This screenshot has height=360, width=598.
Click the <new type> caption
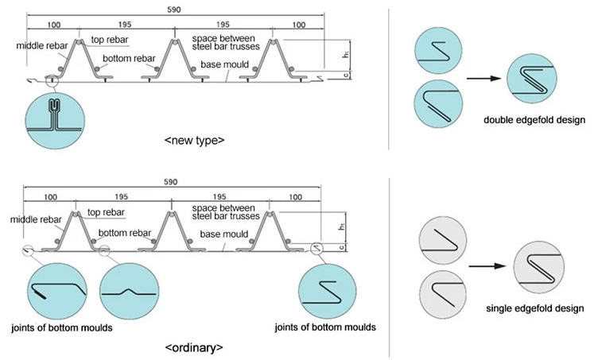(195, 140)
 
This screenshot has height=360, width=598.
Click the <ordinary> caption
(194, 348)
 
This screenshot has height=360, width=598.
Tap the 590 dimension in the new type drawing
(174, 10)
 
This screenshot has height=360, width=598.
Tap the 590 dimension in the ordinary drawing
(170, 182)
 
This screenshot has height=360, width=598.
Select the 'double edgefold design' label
(534, 120)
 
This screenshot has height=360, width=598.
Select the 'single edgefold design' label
(534, 308)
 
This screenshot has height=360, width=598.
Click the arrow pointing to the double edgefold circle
(483, 79)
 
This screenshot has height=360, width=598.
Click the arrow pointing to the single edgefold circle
(487, 266)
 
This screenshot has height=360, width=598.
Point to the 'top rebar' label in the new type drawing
(110, 40)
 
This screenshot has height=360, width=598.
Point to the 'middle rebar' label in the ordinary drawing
(36, 219)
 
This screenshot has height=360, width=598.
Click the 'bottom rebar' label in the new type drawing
(129, 58)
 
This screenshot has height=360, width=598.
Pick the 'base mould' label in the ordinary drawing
(224, 234)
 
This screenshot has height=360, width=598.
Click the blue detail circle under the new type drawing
(55, 121)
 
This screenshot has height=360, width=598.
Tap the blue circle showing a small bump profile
(130, 291)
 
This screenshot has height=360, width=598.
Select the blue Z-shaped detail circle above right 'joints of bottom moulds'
(327, 291)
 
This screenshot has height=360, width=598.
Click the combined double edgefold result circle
(532, 79)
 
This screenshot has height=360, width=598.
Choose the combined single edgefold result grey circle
(539, 268)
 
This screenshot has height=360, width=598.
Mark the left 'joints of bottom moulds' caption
(62, 327)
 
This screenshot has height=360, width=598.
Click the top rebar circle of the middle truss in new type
(175, 42)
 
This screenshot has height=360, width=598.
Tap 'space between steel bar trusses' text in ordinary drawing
(226, 212)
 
